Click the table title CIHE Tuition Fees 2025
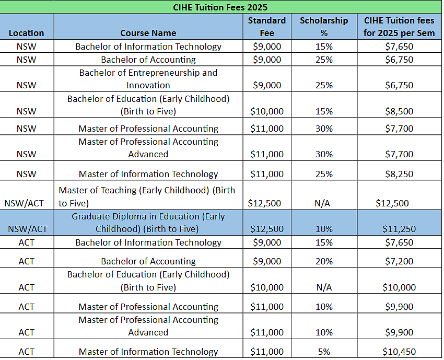tap(220, 7)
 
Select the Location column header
tap(26, 33)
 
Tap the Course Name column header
tap(148, 33)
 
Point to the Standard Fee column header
tap(267, 27)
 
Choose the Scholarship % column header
tap(324, 27)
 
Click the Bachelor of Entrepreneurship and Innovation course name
tap(148, 79)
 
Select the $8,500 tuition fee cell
tap(399, 111)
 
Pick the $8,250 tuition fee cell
tap(399, 174)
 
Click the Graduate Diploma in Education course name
tap(148, 223)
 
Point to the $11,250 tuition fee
tap(399, 229)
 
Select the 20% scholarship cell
tap(324, 261)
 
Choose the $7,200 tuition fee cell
tap(399, 261)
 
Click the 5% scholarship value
tap(324, 352)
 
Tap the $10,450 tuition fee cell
tap(399, 352)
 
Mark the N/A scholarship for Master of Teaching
tap(322, 203)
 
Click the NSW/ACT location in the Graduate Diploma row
tap(28, 229)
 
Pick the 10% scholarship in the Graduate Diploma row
tap(324, 229)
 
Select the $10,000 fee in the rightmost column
tap(399, 287)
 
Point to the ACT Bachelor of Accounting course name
tap(148, 261)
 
